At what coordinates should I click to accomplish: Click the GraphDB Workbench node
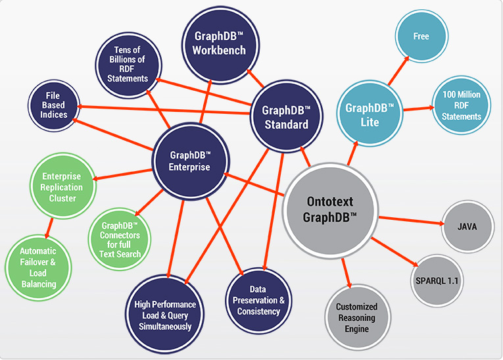pyautogui.click(x=215, y=43)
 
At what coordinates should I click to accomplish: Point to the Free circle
pyautogui.click(x=421, y=36)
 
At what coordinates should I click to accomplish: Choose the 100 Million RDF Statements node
pyautogui.click(x=462, y=105)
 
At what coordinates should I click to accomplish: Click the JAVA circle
pyautogui.click(x=466, y=226)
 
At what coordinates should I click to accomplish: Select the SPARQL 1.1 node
pyautogui.click(x=437, y=280)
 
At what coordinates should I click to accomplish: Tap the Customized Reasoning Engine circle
pyautogui.click(x=356, y=317)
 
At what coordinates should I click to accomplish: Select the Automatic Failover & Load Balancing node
pyautogui.click(x=37, y=267)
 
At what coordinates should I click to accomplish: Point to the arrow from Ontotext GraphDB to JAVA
pyautogui.click(x=410, y=220)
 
